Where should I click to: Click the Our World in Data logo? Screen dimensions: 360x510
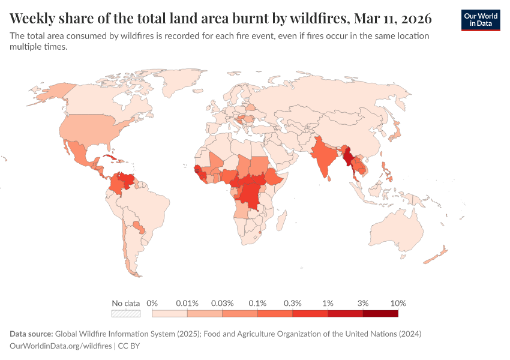pyautogui.click(x=481, y=20)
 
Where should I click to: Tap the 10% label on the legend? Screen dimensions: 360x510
pyautogui.click(x=398, y=303)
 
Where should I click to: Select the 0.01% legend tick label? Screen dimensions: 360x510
pyautogui.click(x=187, y=303)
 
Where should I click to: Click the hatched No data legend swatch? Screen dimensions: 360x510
pyautogui.click(x=126, y=313)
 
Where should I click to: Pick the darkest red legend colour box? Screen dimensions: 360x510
pyautogui.click(x=380, y=313)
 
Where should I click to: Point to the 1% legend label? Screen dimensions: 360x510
pyautogui.click(x=328, y=303)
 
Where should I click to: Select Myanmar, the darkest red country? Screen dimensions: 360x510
pyautogui.click(x=347, y=157)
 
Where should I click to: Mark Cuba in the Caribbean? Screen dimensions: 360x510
pyautogui.click(x=109, y=158)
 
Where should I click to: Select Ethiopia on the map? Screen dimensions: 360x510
pyautogui.click(x=277, y=176)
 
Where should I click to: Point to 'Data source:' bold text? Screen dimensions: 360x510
pyautogui.click(x=32, y=333)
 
